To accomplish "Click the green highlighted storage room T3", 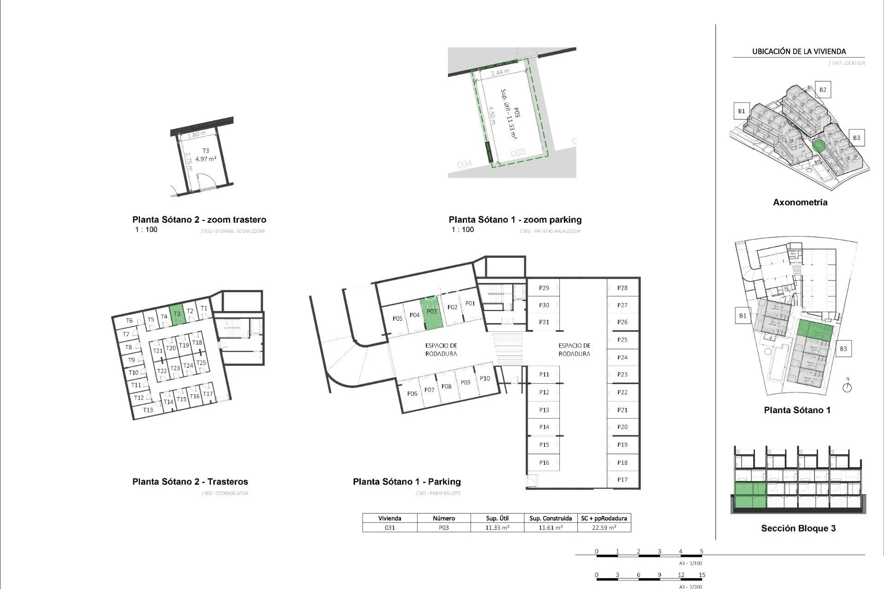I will pyautogui.click(x=177, y=315).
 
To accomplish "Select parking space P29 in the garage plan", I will pyautogui.click(x=544, y=288).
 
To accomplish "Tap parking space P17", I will pyautogui.click(x=622, y=479).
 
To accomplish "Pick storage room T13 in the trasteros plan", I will pyautogui.click(x=148, y=410).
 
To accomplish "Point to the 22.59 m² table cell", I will pyautogui.click(x=604, y=528).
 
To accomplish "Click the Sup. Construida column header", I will pyautogui.click(x=550, y=518).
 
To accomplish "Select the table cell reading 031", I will pyautogui.click(x=390, y=528).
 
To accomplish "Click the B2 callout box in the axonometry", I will pyautogui.click(x=822, y=90).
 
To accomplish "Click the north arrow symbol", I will pyautogui.click(x=847, y=387).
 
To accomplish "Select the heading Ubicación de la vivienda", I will pyautogui.click(x=799, y=52).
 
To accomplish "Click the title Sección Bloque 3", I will pyautogui.click(x=798, y=528).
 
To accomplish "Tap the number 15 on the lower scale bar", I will pyautogui.click(x=702, y=575).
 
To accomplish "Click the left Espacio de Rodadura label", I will pyautogui.click(x=441, y=350).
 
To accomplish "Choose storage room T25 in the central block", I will pyautogui.click(x=201, y=363).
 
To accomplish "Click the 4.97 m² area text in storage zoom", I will pyautogui.click(x=205, y=159).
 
